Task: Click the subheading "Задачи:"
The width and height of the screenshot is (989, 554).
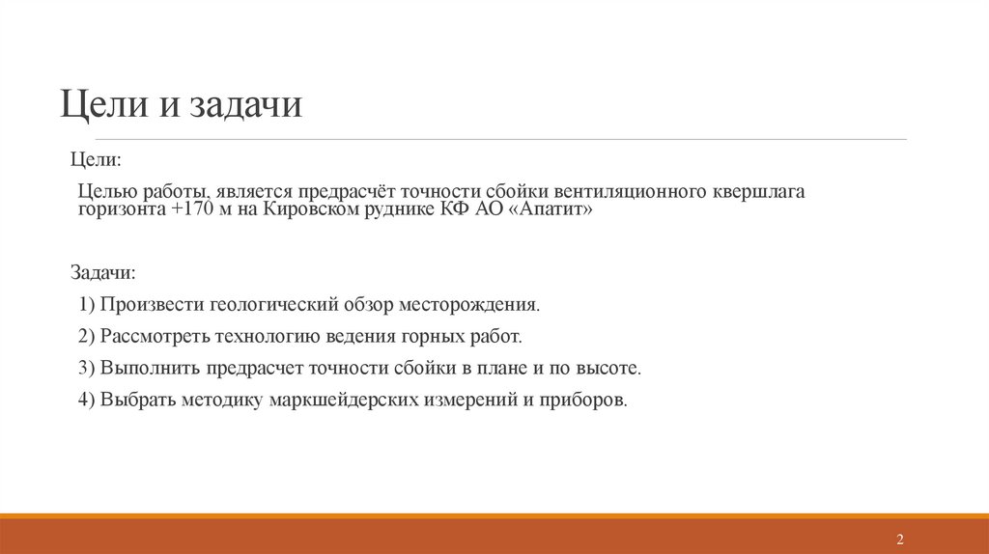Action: (x=103, y=272)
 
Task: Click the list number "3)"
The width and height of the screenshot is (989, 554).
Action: (x=87, y=369)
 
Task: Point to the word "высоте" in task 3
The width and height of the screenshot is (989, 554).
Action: (x=609, y=369)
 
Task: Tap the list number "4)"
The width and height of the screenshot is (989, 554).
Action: (x=87, y=401)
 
